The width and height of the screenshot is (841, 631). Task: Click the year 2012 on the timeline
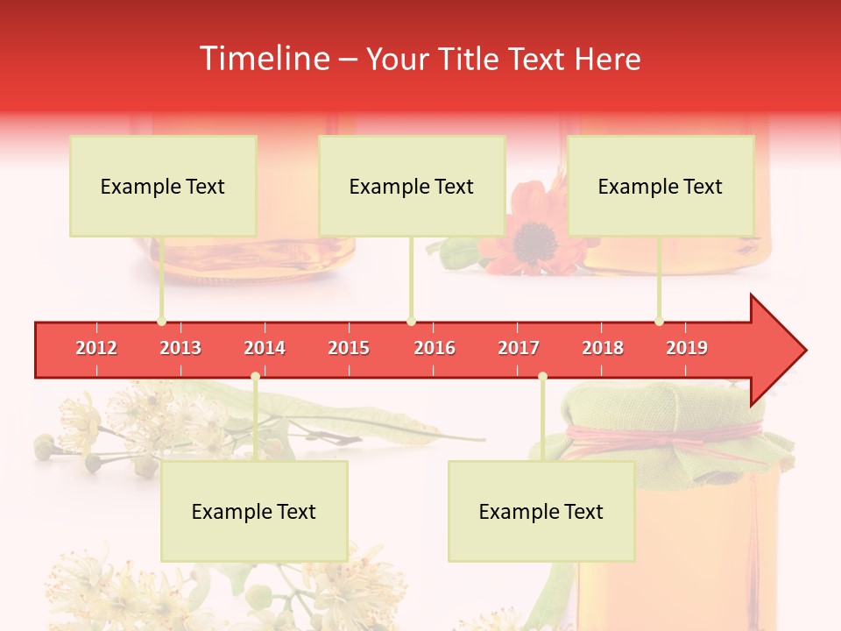(x=96, y=348)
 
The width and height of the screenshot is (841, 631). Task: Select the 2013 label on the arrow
(x=180, y=348)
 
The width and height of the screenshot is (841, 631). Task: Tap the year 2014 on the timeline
(x=265, y=348)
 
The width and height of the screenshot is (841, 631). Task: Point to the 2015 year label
(x=349, y=348)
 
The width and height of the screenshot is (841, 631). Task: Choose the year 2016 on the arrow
(x=435, y=348)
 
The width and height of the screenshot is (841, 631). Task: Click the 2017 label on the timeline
(x=519, y=348)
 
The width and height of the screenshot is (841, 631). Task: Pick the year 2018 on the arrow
(x=603, y=348)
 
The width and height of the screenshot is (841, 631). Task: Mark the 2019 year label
(x=687, y=348)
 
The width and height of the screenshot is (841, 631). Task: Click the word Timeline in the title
(x=263, y=59)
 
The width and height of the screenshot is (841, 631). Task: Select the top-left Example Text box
(x=163, y=186)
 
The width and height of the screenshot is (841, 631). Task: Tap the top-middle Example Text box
(x=412, y=186)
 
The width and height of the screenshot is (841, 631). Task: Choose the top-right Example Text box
(x=661, y=186)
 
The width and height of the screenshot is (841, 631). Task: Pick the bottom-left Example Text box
(x=254, y=511)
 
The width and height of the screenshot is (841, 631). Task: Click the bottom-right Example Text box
(x=541, y=511)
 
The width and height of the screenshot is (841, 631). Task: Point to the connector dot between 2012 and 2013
(x=161, y=322)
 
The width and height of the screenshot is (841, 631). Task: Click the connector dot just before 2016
(x=412, y=322)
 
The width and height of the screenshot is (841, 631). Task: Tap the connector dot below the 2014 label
(x=255, y=376)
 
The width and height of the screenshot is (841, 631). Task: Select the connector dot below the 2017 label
(x=542, y=376)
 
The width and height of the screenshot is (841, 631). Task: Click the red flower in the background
(x=526, y=230)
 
